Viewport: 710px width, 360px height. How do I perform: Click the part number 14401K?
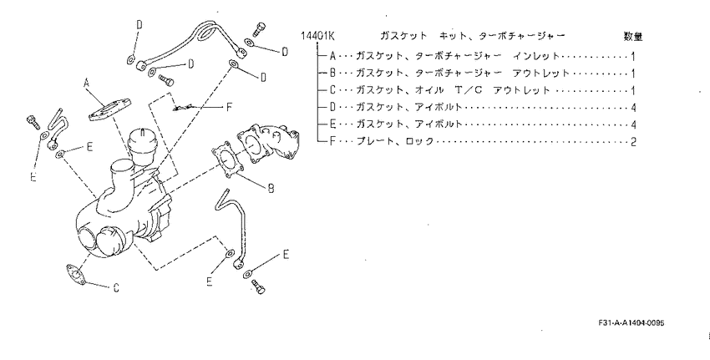pos(317,36)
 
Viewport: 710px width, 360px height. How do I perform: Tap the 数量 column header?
pos(632,36)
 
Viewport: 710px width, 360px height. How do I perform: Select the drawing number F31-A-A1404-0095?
pos(631,323)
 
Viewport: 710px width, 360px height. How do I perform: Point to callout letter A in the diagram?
pos(87,83)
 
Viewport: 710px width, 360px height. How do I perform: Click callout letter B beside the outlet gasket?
pos(271,188)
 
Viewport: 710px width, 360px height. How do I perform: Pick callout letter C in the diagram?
pos(116,287)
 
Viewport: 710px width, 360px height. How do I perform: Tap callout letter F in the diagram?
pos(229,107)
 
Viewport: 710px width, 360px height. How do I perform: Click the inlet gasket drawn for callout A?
pos(109,109)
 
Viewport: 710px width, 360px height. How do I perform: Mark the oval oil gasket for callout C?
pos(76,275)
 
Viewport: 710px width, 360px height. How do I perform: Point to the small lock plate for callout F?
pos(182,108)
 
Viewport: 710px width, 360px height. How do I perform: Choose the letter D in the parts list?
pos(332,107)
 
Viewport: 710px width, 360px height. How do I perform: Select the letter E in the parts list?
pos(332,124)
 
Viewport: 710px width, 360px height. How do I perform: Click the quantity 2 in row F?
pos(633,142)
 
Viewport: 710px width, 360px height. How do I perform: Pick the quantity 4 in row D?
pos(633,107)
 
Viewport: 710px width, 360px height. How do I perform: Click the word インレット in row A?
pos(536,56)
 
